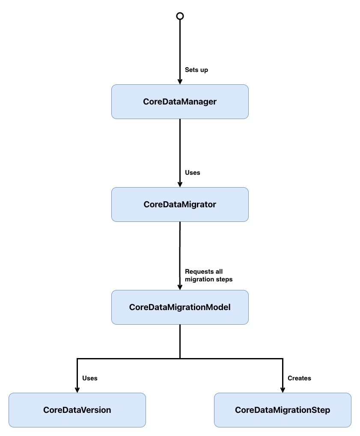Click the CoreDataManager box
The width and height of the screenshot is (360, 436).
[180, 102]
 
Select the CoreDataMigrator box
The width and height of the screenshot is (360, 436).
[180, 205]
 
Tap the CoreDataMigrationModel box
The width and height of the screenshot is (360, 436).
[180, 308]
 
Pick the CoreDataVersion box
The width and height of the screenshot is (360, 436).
[77, 410]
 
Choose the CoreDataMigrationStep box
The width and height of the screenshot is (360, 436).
[283, 410]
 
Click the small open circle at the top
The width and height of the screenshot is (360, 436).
[180, 16]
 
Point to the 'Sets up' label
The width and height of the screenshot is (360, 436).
[196, 70]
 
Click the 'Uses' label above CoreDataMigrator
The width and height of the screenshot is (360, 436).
[192, 173]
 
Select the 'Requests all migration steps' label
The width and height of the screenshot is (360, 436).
[208, 275]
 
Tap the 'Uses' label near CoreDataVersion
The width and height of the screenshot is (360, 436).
[89, 378]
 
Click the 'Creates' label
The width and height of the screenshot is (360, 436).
[299, 378]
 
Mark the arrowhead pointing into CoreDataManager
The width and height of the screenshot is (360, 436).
[180, 81]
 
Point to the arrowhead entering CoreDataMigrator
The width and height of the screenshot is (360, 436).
[180, 184]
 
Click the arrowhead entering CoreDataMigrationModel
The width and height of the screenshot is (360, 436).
[180, 287]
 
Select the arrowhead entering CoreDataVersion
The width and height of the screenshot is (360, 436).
[77, 390]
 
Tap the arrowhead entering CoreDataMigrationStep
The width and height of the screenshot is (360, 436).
[283, 390]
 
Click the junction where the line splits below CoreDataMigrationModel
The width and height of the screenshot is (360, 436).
[180, 358]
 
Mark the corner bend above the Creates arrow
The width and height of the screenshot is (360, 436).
[283, 358]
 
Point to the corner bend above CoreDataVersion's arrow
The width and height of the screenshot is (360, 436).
[77, 358]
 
